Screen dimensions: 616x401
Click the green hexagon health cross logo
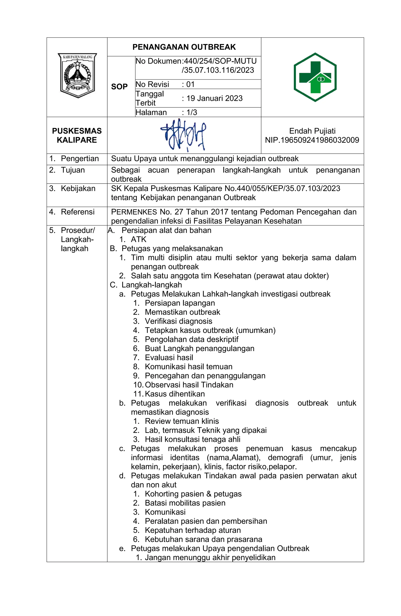[315, 77]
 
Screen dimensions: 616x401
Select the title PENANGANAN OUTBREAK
[184, 47]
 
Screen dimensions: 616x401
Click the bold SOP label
[119, 86]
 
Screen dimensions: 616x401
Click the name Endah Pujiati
[312, 131]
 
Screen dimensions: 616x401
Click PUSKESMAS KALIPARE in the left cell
[77, 135]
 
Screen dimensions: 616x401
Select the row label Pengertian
[80, 158]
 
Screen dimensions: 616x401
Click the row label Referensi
[78, 212]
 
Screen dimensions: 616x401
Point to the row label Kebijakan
[78, 188]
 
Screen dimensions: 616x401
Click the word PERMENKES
[134, 212]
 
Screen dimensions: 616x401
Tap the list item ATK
[138, 239]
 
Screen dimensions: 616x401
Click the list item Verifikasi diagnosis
[179, 321]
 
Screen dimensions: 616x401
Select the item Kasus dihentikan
[175, 394]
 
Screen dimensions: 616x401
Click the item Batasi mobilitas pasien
[185, 503]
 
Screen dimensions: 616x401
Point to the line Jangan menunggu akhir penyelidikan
[210, 557]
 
